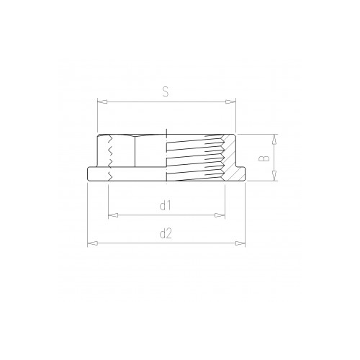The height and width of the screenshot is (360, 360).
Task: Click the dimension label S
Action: tap(166, 91)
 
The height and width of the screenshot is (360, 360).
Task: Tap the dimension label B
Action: tap(265, 158)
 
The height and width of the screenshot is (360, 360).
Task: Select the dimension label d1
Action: tap(166, 205)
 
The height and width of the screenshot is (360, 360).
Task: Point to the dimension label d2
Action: tap(166, 233)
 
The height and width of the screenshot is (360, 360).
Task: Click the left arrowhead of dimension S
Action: tap(102, 102)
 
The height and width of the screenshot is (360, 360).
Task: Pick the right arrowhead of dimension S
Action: tap(231, 102)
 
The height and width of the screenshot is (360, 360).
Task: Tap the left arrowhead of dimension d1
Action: tap(113, 215)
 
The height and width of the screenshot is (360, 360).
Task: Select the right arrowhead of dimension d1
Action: tap(220, 215)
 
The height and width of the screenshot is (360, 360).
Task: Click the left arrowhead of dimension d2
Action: tap(92, 243)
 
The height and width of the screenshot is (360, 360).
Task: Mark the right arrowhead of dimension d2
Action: tap(240, 243)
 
